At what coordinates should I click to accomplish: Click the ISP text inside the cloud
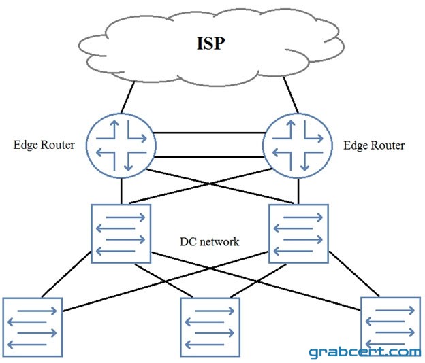click(210, 44)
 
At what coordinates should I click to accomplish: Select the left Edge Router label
click(44, 145)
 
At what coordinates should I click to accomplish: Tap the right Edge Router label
click(374, 145)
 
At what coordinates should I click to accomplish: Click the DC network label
click(210, 242)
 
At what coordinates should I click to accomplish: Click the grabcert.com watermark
click(365, 352)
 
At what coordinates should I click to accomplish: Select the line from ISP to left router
click(127, 97)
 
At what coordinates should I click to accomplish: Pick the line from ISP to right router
click(291, 95)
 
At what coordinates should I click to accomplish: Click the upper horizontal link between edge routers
click(209, 133)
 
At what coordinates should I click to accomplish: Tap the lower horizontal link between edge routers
click(209, 157)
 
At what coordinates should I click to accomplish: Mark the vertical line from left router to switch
click(121, 191)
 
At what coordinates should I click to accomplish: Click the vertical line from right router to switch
click(298, 191)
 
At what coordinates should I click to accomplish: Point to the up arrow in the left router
click(114, 129)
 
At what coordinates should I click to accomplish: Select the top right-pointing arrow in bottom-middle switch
click(215, 311)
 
